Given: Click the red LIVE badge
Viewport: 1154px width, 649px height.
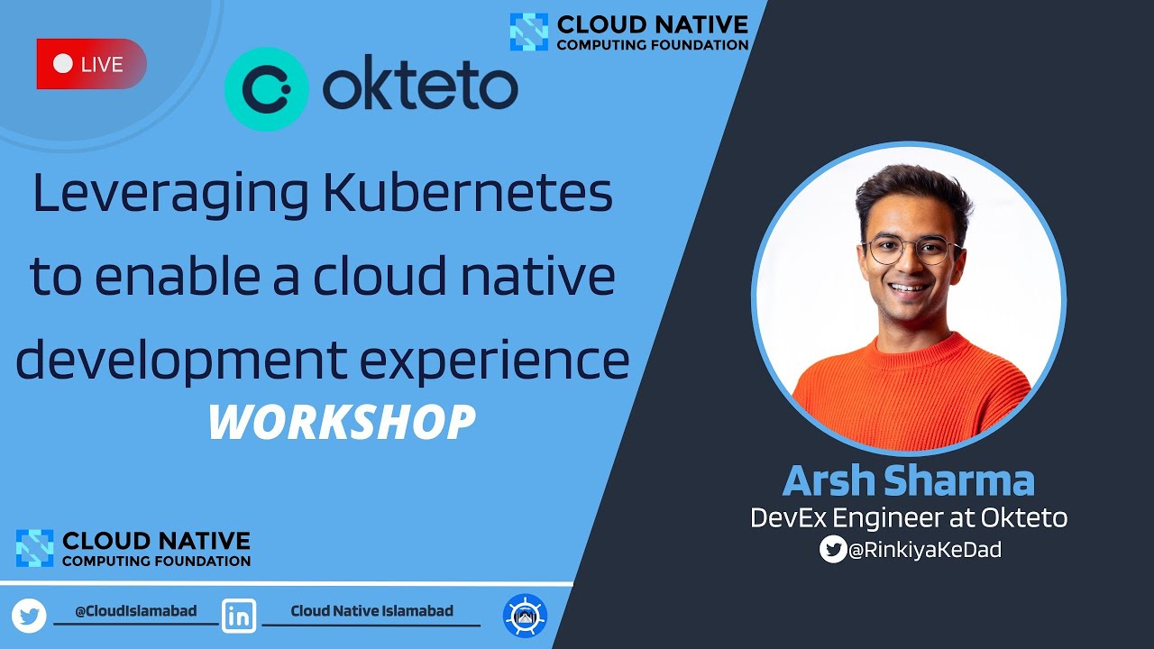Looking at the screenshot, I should pos(91,64).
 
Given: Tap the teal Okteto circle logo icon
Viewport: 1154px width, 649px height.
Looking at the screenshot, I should pos(266,88).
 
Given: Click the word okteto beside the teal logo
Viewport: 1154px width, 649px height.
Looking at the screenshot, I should pos(420,88).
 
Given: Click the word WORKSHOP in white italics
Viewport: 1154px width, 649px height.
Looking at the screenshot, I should pos(342,422).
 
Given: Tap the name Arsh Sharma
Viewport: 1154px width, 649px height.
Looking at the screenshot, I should pos(908,480).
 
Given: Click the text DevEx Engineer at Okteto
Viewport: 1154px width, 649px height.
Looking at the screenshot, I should pos(909,517).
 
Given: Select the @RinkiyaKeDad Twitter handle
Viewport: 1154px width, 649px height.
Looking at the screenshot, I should pos(924,550).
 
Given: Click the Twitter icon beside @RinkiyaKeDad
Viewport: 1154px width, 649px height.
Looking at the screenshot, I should pos(833,549).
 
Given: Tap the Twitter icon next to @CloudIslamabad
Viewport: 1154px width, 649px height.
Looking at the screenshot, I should pos(29,616).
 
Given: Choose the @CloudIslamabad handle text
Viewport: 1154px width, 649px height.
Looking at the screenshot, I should pos(136,611).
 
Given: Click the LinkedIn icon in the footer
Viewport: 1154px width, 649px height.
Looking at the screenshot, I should pos(239,616).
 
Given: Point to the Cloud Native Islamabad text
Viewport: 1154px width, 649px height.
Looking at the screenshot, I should pos(371,611).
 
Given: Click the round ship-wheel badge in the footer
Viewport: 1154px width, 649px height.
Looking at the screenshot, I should pos(525,617).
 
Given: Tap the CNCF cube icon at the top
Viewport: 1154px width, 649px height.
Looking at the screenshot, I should pos(528,32).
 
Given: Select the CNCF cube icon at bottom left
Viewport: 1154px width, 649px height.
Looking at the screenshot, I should pos(35,548).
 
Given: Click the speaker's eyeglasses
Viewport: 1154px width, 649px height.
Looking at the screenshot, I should pos(910,250).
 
